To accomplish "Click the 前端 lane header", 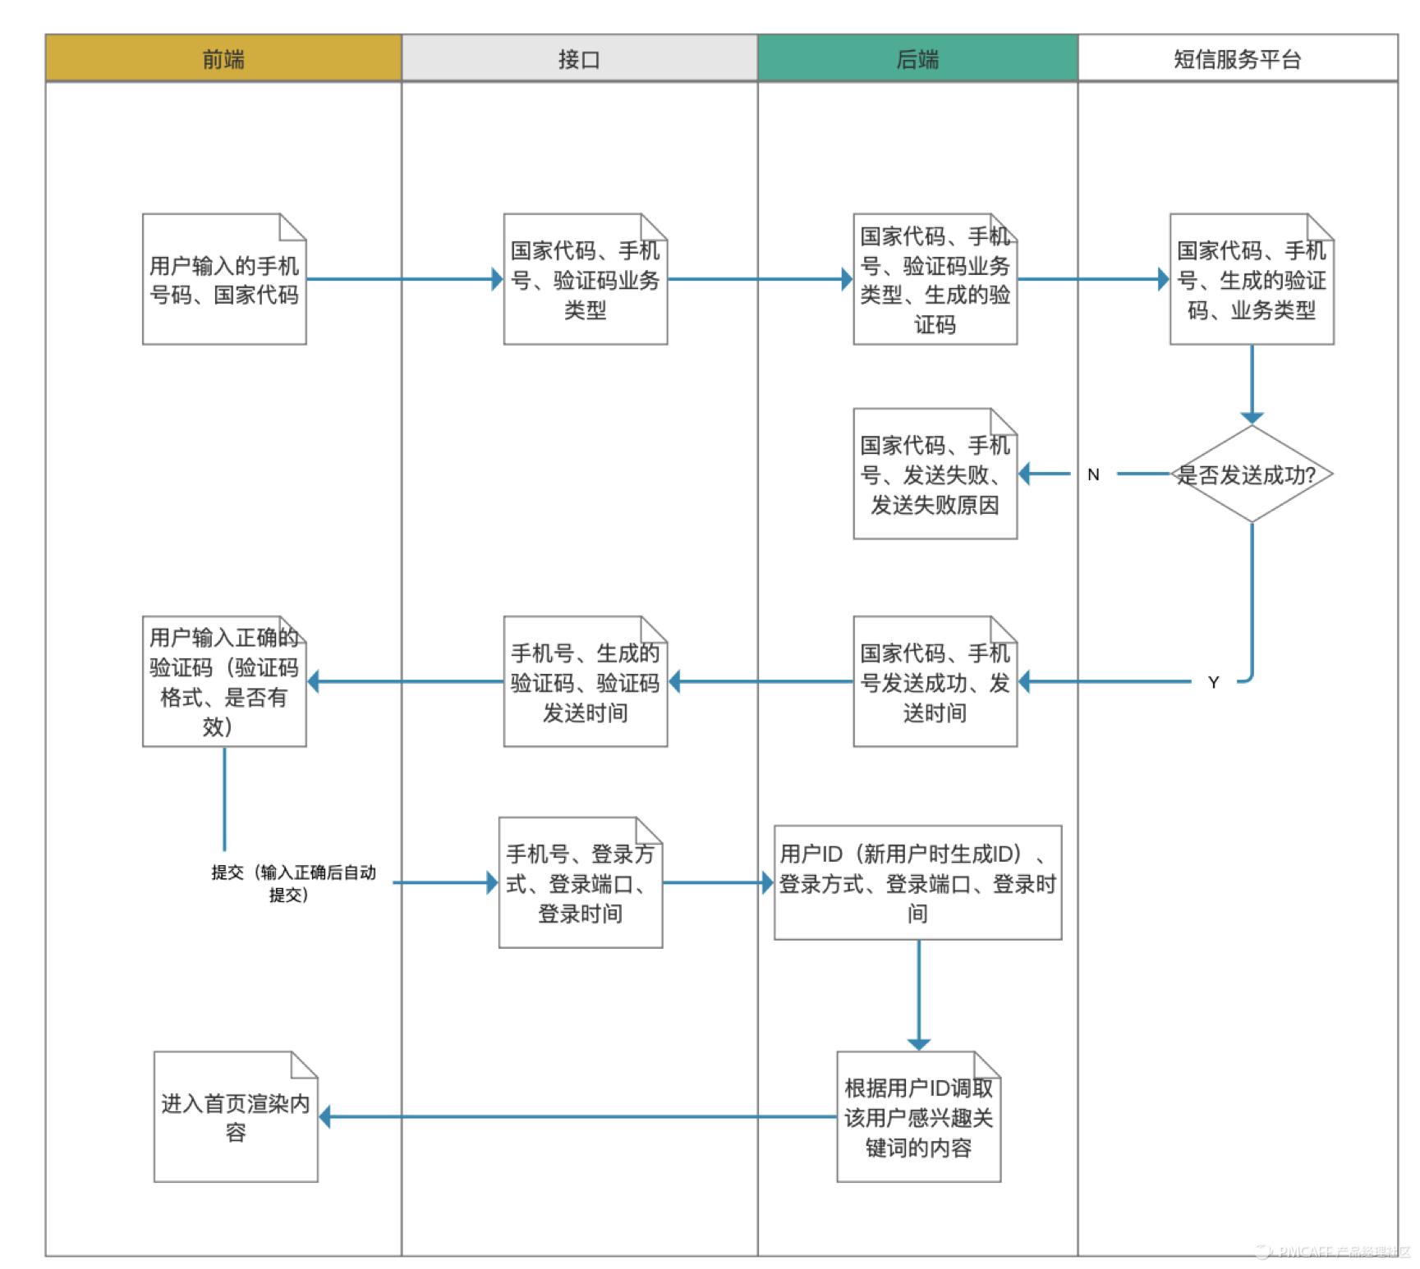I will tap(223, 58).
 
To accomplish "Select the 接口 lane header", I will tap(579, 58).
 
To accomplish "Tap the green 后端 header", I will tap(917, 58).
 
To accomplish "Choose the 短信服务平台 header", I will tap(1237, 58).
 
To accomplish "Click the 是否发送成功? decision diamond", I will tap(1251, 474).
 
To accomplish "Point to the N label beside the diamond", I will tap(1093, 474).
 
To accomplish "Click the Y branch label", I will tap(1213, 682).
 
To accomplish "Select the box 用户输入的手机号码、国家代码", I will tap(224, 280).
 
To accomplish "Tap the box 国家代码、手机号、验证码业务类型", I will tap(585, 280).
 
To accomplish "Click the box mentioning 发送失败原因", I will tap(935, 474).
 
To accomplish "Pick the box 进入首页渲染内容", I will tap(236, 1117).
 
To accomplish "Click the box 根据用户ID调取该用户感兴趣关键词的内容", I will tap(918, 1117).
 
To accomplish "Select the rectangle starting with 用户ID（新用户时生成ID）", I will tap(917, 882).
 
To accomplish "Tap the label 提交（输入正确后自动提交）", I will tap(292, 883).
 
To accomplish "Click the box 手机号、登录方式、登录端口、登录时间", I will tap(580, 883).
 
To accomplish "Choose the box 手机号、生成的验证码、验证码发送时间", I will tap(585, 682).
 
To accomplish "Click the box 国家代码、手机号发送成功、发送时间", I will tap(935, 682).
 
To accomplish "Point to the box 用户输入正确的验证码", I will tap(224, 682).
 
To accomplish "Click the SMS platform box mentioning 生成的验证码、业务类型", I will tap(1251, 280).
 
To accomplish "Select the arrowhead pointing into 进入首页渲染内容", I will tap(324, 1117).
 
